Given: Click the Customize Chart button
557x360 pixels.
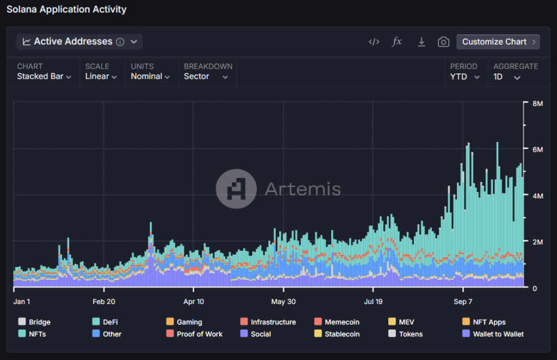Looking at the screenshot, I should (x=498, y=42).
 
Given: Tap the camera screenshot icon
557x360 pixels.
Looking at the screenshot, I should (x=444, y=42).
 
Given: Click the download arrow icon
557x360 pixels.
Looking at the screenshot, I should (x=421, y=42).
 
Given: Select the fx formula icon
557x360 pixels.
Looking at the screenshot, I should (x=397, y=42).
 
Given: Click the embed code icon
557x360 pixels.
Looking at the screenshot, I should (x=374, y=42).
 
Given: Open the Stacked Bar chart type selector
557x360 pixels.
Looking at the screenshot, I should (x=44, y=77).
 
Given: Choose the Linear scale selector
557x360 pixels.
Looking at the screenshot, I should (x=101, y=77).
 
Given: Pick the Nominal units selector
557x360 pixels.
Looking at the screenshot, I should (x=150, y=77).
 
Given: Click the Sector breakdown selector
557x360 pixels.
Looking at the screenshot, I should (x=206, y=77).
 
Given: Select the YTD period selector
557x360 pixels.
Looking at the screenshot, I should (x=465, y=77).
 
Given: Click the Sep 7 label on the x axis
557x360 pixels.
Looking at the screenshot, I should (x=463, y=301).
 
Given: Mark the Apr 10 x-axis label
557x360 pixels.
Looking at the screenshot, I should (x=194, y=301).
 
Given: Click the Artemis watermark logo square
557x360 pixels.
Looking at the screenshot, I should (x=236, y=189).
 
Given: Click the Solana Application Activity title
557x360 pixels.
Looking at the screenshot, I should (x=66, y=9).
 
